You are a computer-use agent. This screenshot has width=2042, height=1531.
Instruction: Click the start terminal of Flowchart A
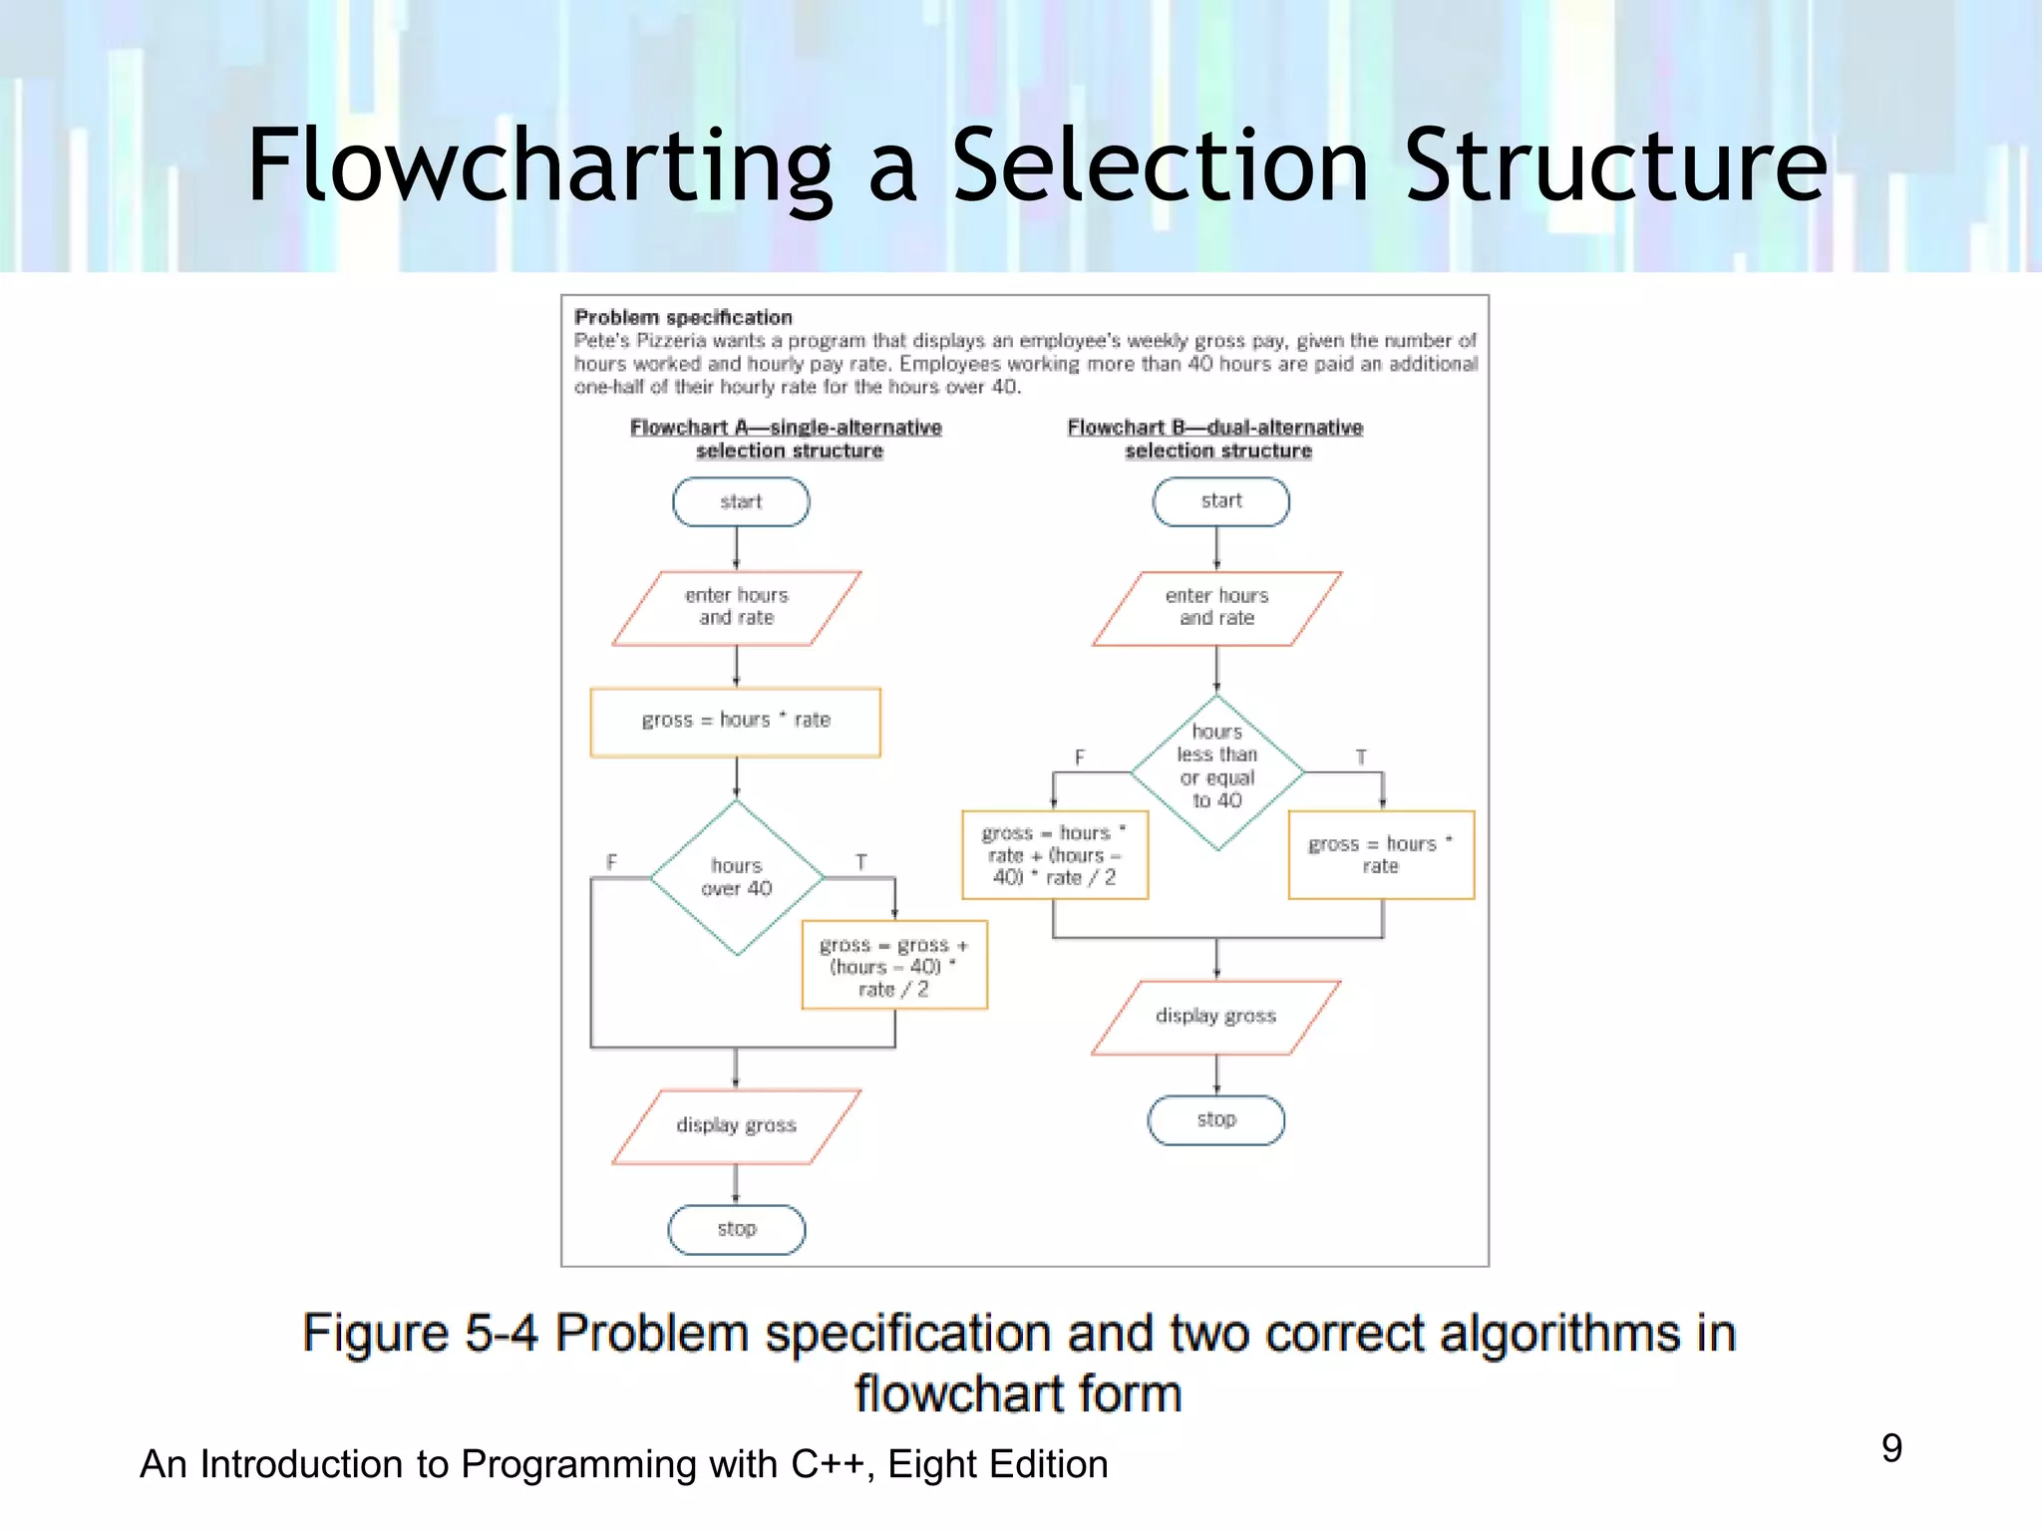point(741,501)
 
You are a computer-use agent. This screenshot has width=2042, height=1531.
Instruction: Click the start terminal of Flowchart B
point(1220,501)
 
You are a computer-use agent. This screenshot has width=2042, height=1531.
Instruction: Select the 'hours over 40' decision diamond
point(737,877)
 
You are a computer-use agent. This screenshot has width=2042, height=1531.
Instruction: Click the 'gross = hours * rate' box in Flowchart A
point(736,721)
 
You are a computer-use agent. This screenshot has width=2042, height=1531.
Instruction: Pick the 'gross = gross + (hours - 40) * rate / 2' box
point(894,965)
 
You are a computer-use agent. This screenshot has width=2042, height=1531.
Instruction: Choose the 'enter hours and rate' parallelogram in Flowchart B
point(1216,607)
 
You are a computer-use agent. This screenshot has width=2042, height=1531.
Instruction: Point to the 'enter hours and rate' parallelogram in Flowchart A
point(736,607)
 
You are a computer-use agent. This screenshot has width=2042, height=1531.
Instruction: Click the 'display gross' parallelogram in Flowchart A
point(736,1125)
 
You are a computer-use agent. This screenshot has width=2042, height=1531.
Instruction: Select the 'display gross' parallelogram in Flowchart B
point(1215,1017)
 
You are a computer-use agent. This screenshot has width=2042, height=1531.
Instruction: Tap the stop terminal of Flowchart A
point(737,1229)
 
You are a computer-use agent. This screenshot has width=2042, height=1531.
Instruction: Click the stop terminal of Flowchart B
point(1216,1120)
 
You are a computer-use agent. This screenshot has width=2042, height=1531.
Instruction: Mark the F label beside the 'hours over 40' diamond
point(611,862)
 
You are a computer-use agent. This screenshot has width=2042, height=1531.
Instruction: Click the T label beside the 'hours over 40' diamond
point(860,862)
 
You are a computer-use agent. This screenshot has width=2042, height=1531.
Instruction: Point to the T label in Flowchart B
point(1361,758)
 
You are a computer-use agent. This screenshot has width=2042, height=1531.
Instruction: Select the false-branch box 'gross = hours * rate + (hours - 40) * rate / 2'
point(1055,855)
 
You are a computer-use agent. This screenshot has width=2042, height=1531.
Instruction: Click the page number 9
point(1891,1448)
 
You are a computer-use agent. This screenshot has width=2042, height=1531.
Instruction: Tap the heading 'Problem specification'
point(683,318)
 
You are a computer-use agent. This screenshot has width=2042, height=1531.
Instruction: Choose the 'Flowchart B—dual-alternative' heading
point(1214,428)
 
